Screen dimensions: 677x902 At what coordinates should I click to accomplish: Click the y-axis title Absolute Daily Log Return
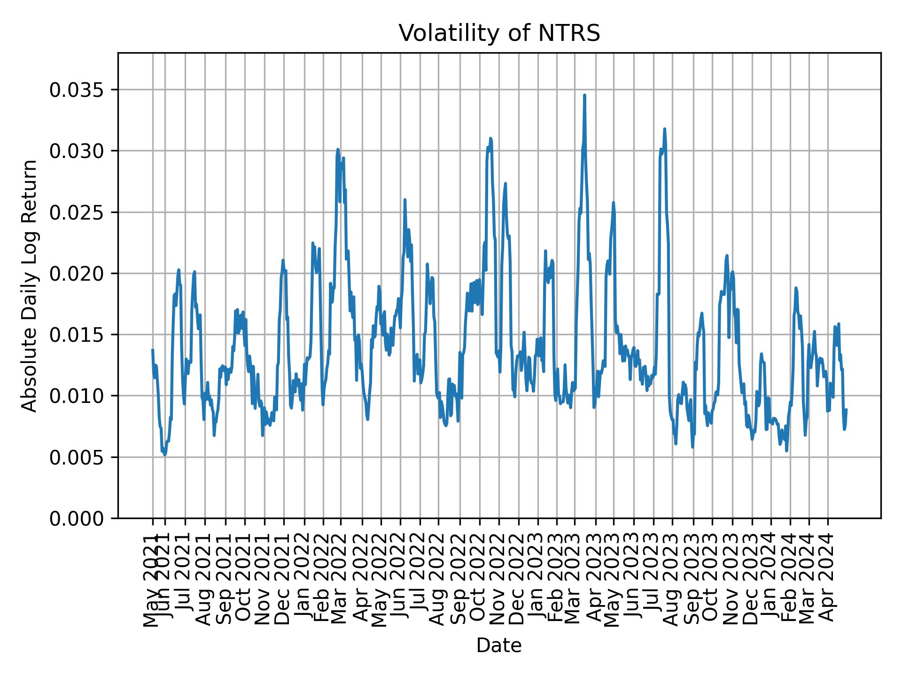point(30,285)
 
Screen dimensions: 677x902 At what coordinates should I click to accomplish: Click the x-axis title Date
point(499,646)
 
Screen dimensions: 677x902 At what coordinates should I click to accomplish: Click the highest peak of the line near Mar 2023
point(584,95)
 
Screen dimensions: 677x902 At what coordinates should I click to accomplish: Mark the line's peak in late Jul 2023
point(664,129)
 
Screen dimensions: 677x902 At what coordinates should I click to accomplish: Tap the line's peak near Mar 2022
point(338,150)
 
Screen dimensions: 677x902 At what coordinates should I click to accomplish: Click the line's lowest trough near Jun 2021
point(164,455)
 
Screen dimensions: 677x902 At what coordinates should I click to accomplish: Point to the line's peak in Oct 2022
point(490,138)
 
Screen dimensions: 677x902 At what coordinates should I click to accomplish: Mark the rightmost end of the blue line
point(846,409)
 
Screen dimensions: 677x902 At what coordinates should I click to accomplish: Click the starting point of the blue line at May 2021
point(153,350)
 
